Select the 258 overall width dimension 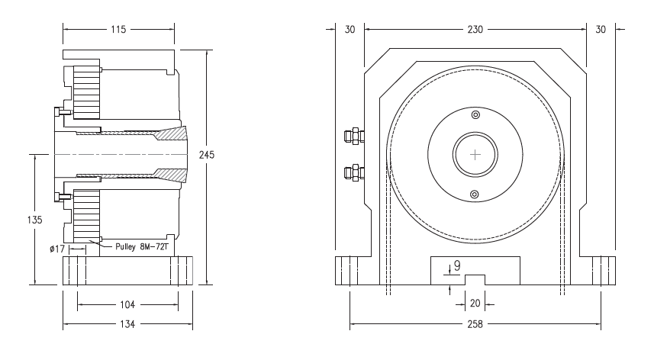(x=475, y=323)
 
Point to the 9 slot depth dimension (x=457, y=266)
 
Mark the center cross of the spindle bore (x=476, y=154)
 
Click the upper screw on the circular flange (x=475, y=115)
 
